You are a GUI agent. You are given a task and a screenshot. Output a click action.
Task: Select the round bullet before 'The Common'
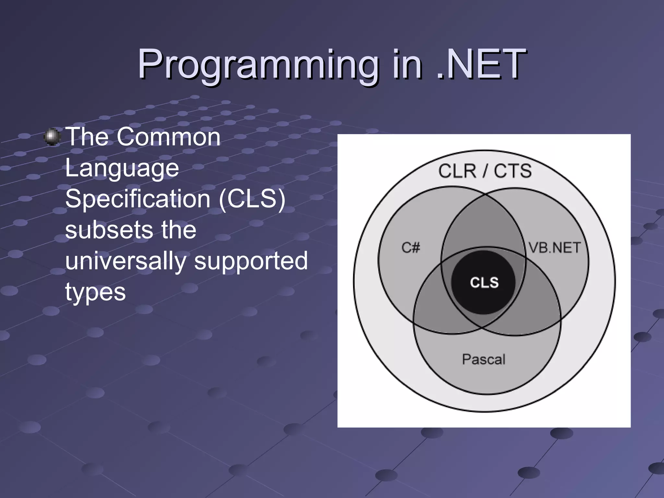[x=52, y=137]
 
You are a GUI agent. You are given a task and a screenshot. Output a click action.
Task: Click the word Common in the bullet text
[x=169, y=137]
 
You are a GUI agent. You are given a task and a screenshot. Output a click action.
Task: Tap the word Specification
[x=138, y=199]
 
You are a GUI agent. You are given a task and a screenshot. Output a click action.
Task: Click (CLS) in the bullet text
[x=252, y=199]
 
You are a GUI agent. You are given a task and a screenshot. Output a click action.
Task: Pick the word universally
[x=125, y=261]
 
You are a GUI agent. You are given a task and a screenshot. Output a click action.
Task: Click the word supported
[x=251, y=261]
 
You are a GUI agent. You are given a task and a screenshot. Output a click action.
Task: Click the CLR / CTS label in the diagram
[x=485, y=171]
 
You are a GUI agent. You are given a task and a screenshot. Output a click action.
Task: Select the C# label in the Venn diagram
[x=410, y=248]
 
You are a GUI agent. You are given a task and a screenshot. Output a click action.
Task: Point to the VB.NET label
[x=554, y=248]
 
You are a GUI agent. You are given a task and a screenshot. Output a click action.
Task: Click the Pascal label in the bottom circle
[x=483, y=359]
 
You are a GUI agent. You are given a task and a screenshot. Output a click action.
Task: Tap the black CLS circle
[x=484, y=282]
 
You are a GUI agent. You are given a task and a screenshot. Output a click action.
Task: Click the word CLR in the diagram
[x=457, y=171]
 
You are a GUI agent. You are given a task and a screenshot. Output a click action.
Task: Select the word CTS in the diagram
[x=513, y=171]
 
